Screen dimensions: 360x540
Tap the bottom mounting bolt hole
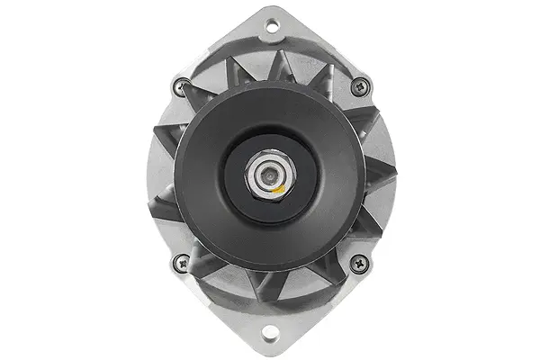(x=269, y=336)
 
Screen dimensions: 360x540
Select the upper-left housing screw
(x=179, y=87)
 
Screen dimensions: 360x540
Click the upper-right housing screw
(x=360, y=87)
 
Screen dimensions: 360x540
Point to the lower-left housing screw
(x=179, y=263)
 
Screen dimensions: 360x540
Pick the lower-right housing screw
(x=360, y=263)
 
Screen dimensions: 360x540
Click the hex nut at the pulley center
(x=269, y=175)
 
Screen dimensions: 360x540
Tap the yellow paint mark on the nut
(x=281, y=190)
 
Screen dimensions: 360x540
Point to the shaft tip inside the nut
(x=269, y=175)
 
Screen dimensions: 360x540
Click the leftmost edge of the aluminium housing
(x=145, y=180)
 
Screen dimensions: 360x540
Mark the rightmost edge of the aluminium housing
(x=394, y=180)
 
